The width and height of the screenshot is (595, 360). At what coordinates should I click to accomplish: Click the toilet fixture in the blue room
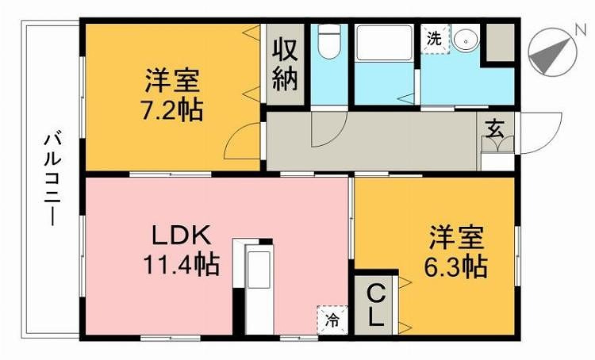[x=328, y=41]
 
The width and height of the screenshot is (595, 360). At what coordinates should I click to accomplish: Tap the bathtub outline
[x=384, y=42]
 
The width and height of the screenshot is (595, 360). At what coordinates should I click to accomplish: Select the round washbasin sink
[x=466, y=39]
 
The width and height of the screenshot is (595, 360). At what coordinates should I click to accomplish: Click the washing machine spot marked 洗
[x=435, y=39]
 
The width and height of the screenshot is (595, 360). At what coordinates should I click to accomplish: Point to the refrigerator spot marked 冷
[x=332, y=320]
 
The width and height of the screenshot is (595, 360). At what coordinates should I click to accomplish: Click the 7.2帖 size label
[x=173, y=111]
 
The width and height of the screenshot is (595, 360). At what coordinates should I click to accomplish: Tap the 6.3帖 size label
[x=455, y=267]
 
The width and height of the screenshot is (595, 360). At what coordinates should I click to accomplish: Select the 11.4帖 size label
[x=182, y=264]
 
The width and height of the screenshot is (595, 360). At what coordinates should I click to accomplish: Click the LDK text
[x=181, y=236]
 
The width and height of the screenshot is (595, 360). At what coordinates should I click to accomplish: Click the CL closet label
[x=376, y=307]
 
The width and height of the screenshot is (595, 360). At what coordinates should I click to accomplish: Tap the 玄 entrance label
[x=495, y=128]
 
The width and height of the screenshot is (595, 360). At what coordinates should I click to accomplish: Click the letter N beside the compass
[x=581, y=29]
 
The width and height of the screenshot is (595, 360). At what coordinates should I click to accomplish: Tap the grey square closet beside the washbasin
[x=500, y=42]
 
